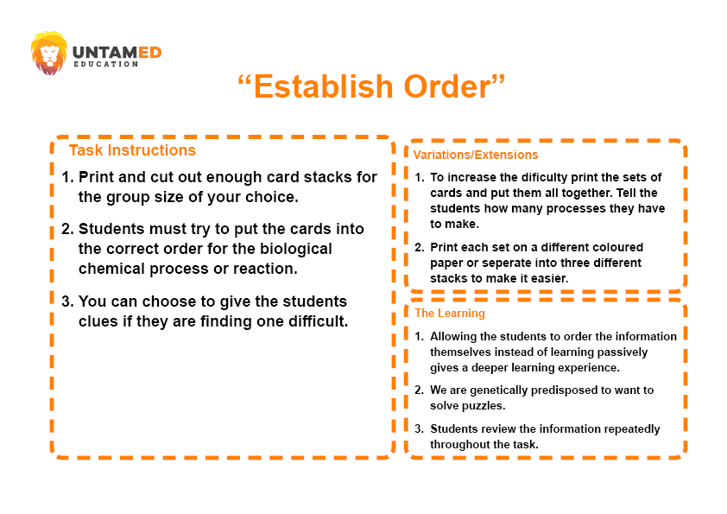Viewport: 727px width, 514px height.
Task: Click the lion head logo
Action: [48, 53]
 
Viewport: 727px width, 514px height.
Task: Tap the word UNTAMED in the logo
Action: [117, 53]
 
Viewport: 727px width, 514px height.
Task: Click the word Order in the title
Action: [446, 86]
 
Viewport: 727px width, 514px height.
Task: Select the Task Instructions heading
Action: [133, 150]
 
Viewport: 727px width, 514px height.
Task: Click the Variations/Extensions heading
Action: [476, 155]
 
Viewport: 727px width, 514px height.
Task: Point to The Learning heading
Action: [450, 313]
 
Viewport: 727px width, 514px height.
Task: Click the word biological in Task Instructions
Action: [296, 249]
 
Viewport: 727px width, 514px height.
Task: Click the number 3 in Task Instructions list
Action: [66, 301]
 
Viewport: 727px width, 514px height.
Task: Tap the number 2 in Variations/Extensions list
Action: [419, 247]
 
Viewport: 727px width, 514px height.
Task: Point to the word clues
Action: [98, 321]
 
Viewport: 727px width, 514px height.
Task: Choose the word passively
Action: [623, 352]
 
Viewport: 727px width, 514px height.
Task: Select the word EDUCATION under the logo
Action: [105, 64]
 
